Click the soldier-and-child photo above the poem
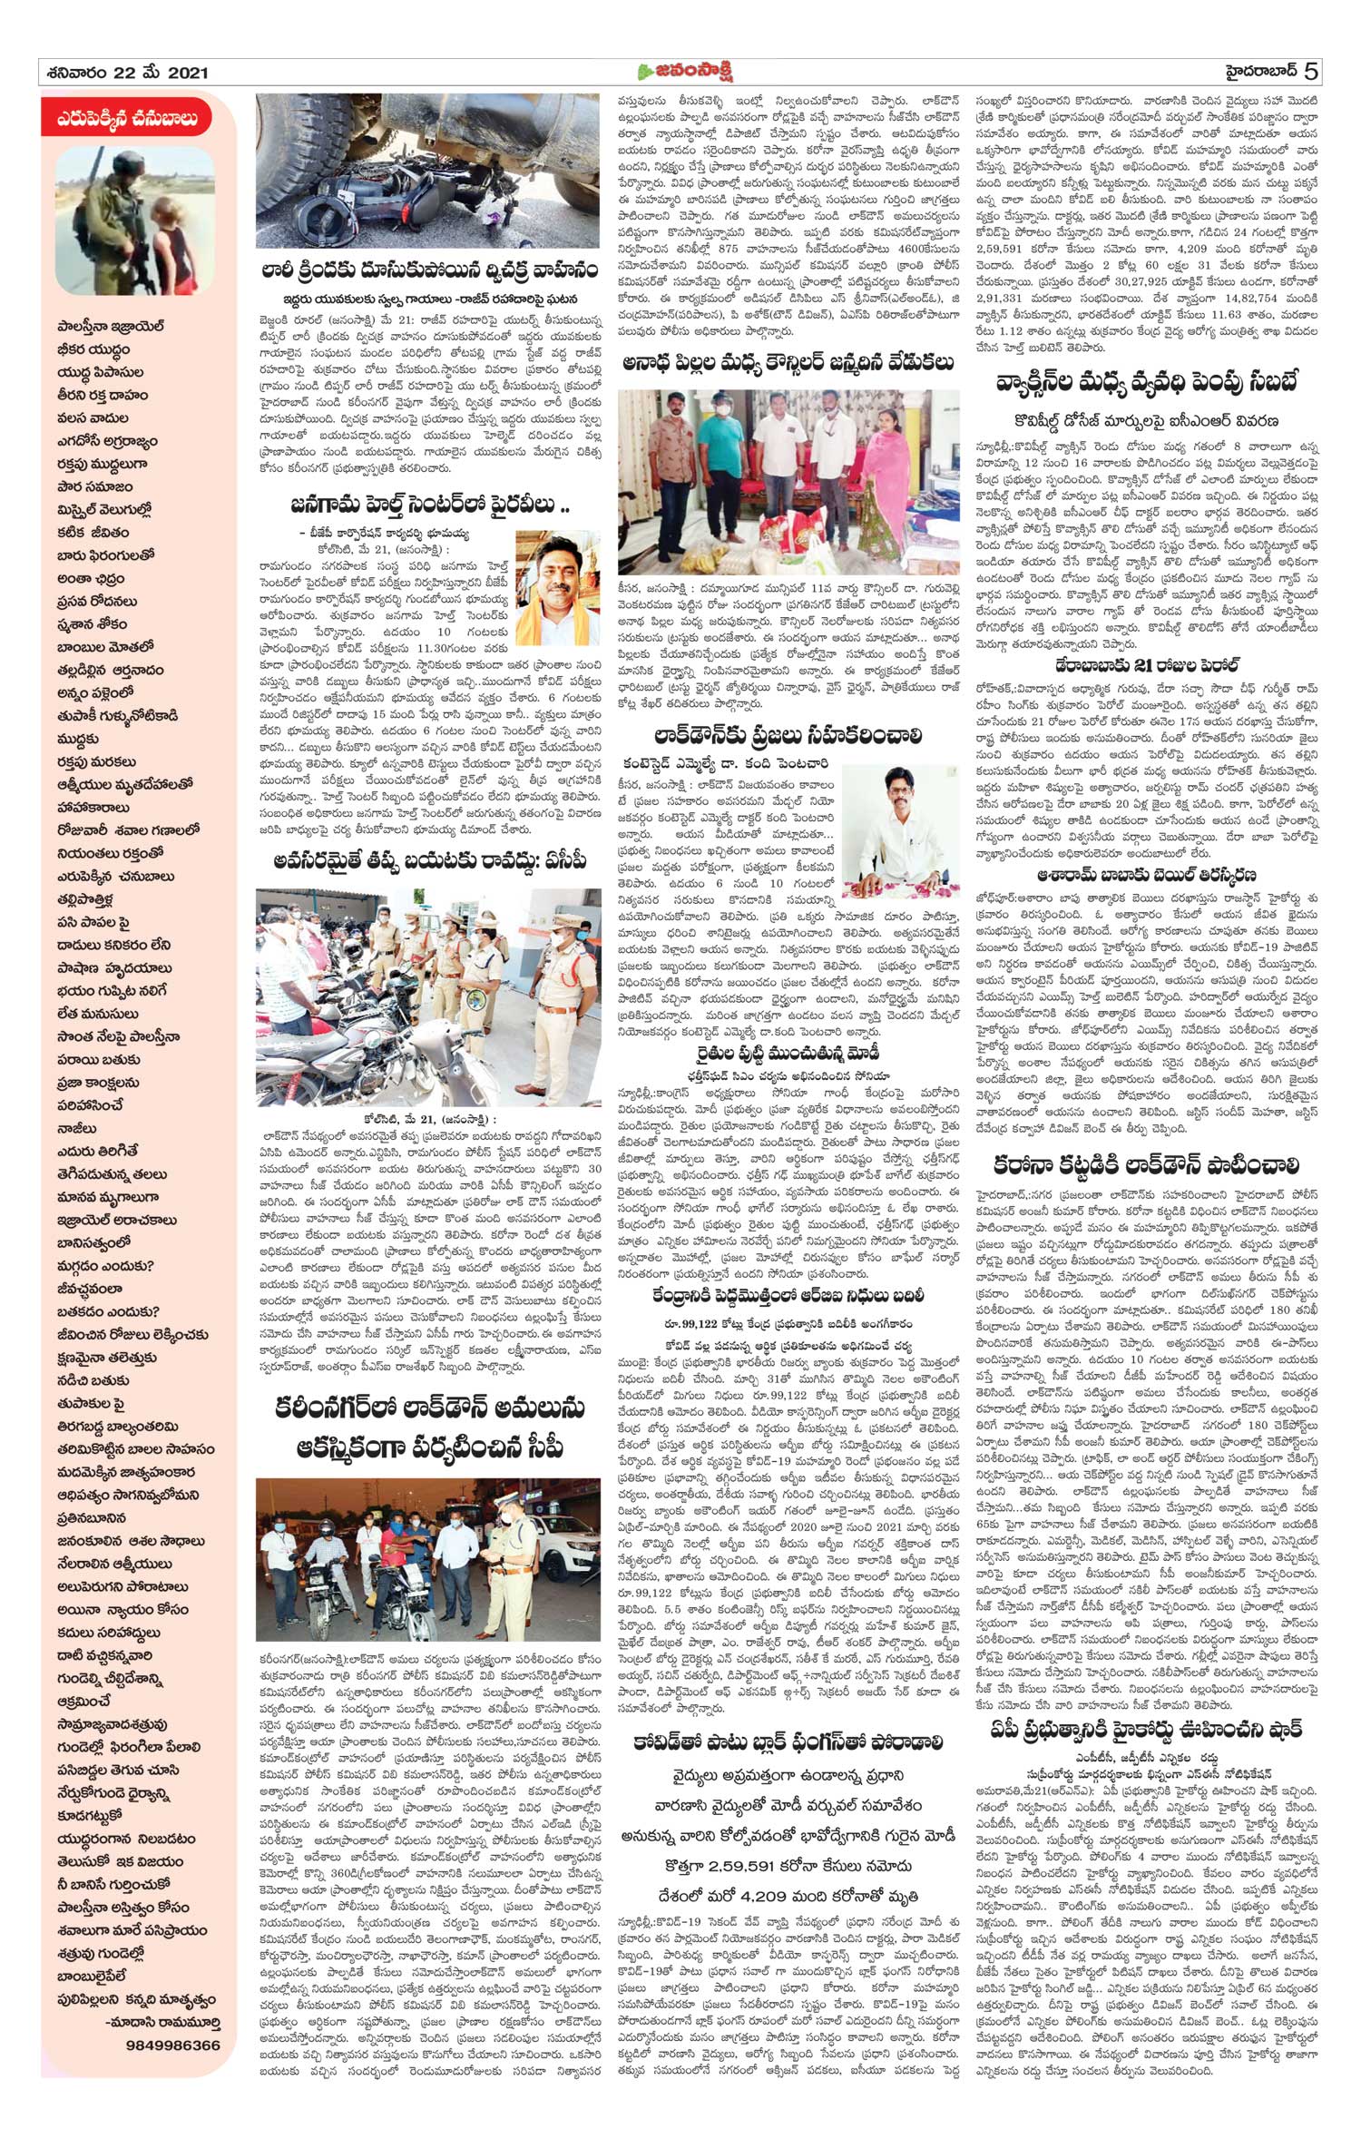[134, 221]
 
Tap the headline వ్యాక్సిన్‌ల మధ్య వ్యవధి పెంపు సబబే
[1145, 384]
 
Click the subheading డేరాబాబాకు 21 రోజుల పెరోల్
[1147, 665]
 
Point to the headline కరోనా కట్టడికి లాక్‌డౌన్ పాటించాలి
[1145, 1165]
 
